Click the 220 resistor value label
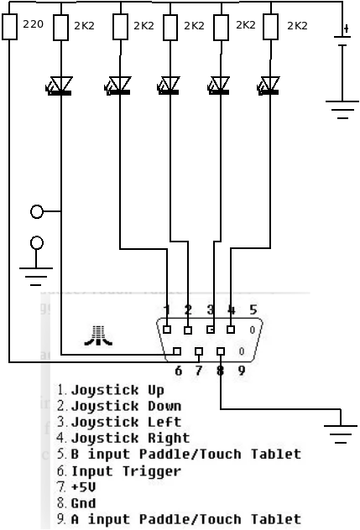pyautogui.click(x=34, y=24)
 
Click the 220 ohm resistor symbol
pyautogui.click(x=10, y=27)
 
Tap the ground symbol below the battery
pyautogui.click(x=342, y=110)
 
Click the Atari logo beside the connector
pyautogui.click(x=98, y=335)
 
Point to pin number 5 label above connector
pyautogui.click(x=253, y=309)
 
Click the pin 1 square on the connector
pyautogui.click(x=167, y=330)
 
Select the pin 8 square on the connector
pyautogui.click(x=221, y=351)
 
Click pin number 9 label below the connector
pyautogui.click(x=241, y=371)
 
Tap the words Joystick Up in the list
pyautogui.click(x=117, y=391)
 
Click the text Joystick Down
pyautogui.click(x=126, y=406)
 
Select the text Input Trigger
pyautogui.click(x=126, y=470)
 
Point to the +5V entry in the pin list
pyautogui.click(x=84, y=487)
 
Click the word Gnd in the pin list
pyautogui.click(x=84, y=503)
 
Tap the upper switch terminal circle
pyautogui.click(x=37, y=211)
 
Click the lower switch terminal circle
pyautogui.click(x=37, y=242)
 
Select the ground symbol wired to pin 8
pyautogui.click(x=341, y=434)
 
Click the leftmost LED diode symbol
pyautogui.click(x=60, y=86)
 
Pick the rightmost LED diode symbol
pyautogui.click(x=269, y=86)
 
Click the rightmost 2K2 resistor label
pyautogui.click(x=297, y=26)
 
